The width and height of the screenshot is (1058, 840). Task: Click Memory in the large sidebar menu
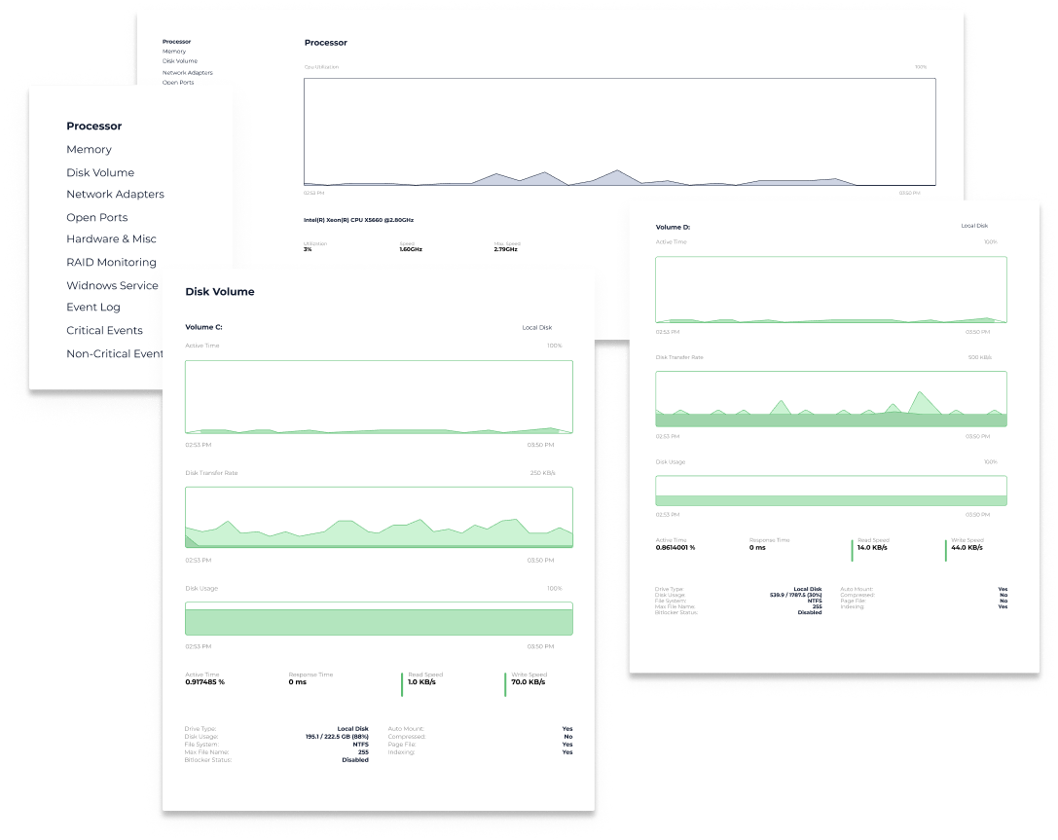89,149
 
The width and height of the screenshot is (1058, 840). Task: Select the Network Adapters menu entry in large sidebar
115,194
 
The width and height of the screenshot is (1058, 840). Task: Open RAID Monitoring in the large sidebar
111,262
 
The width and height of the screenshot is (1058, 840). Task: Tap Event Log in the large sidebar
93,307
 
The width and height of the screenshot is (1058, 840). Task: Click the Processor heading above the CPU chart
325,43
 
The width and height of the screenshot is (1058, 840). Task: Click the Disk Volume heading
220,291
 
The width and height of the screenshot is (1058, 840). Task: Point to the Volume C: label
203,327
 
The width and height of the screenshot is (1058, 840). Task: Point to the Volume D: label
673,227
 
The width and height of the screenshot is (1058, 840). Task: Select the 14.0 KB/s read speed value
872,548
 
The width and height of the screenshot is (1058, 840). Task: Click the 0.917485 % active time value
204,682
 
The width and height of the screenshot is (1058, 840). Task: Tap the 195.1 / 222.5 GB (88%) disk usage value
337,737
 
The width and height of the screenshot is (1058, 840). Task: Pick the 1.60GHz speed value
411,249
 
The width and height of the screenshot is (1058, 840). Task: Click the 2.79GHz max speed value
507,249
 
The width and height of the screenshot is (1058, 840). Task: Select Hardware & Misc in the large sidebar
111,238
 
